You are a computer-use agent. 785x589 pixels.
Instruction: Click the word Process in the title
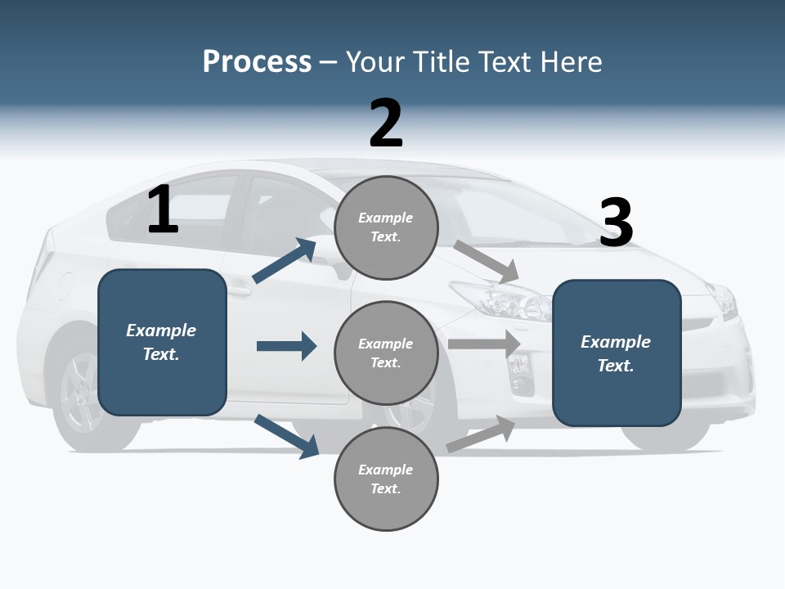tap(257, 62)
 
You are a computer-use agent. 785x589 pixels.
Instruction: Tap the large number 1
tap(163, 209)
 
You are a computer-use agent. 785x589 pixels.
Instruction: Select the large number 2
tap(386, 124)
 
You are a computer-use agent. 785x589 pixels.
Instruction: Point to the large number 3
tap(616, 223)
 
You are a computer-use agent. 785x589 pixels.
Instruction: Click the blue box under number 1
tap(162, 342)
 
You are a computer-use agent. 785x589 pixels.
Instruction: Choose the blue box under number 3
tap(617, 353)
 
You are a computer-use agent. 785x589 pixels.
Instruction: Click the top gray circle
tap(386, 227)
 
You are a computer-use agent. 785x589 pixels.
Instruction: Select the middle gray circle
tap(386, 353)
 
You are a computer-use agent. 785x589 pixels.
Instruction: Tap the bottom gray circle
tap(386, 479)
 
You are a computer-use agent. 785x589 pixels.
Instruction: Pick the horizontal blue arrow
tap(286, 346)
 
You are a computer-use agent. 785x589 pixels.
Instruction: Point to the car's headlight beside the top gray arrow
tap(499, 300)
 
